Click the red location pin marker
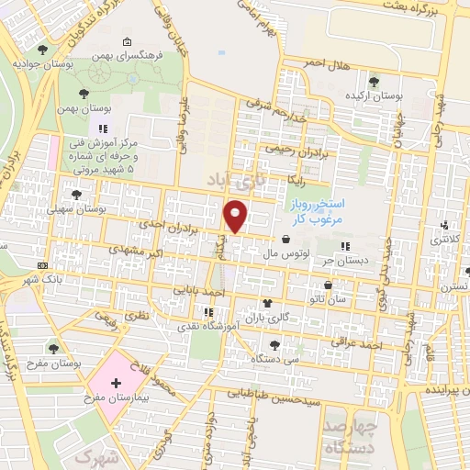(x=237, y=217)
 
